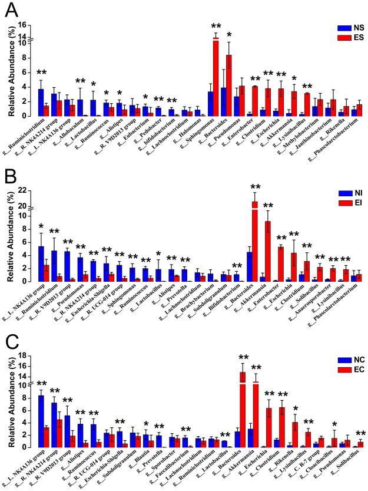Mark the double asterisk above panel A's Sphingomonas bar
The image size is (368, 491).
coord(216,26)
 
